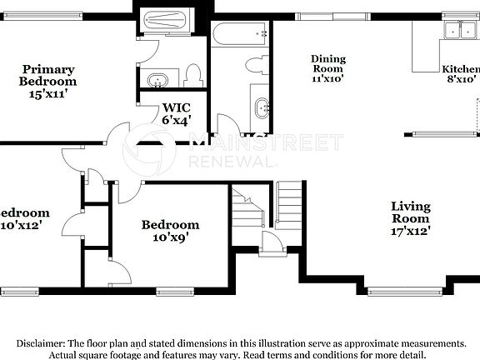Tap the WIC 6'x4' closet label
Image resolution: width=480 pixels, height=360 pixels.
pyautogui.click(x=177, y=112)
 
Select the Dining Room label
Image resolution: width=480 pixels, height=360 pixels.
pyautogui.click(x=328, y=67)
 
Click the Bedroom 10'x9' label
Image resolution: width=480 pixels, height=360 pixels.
pyautogui.click(x=170, y=231)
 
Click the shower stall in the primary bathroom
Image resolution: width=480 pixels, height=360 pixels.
pyautogui.click(x=167, y=22)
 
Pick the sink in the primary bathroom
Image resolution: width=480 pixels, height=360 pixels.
pyautogui.click(x=157, y=80)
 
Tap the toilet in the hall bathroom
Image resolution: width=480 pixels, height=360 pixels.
pyautogui.click(x=257, y=64)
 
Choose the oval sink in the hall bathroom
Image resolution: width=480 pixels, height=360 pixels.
pyautogui.click(x=262, y=106)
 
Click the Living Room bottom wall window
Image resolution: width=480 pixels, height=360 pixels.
pyautogui.click(x=393, y=291)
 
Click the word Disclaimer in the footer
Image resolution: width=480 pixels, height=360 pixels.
pyautogui.click(x=39, y=343)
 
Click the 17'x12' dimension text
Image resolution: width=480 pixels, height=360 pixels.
pyautogui.click(x=411, y=231)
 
